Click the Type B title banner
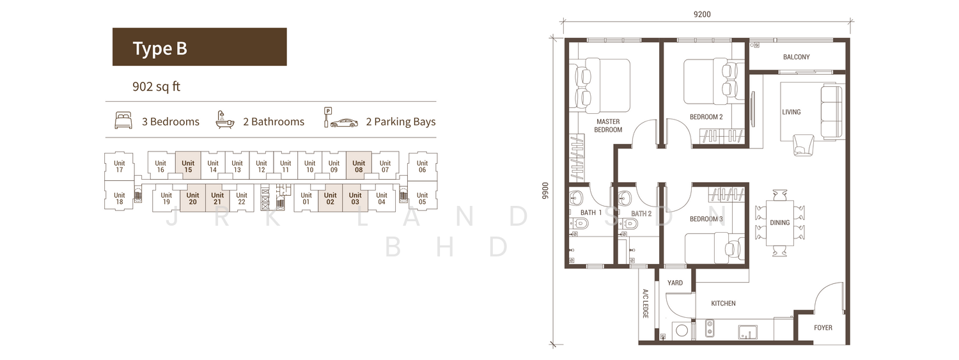pyautogui.click(x=199, y=47)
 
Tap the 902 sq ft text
pyautogui.click(x=156, y=87)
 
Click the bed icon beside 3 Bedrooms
pyautogui.click(x=123, y=120)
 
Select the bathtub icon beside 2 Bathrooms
pyautogui.click(x=225, y=120)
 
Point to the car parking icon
pyautogui.click(x=341, y=118)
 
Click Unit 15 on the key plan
pyautogui.click(x=188, y=166)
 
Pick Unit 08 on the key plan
pyautogui.click(x=359, y=166)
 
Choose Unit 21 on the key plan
pyautogui.click(x=217, y=198)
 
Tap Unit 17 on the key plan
pyautogui.click(x=120, y=166)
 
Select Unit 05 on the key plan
pyautogui.click(x=422, y=198)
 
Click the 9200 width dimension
pyautogui.click(x=702, y=15)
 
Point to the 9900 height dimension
pyautogui.click(x=545, y=191)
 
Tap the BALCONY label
pyautogui.click(x=797, y=57)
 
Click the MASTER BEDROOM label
pyautogui.click(x=608, y=125)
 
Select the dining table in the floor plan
pyautogui.click(x=779, y=223)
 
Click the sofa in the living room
pyautogui.click(x=831, y=113)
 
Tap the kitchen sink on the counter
pyautogui.click(x=747, y=332)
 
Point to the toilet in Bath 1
pyautogui.click(x=579, y=223)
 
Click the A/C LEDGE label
pyautogui.click(x=646, y=304)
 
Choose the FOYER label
pyautogui.click(x=823, y=328)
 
